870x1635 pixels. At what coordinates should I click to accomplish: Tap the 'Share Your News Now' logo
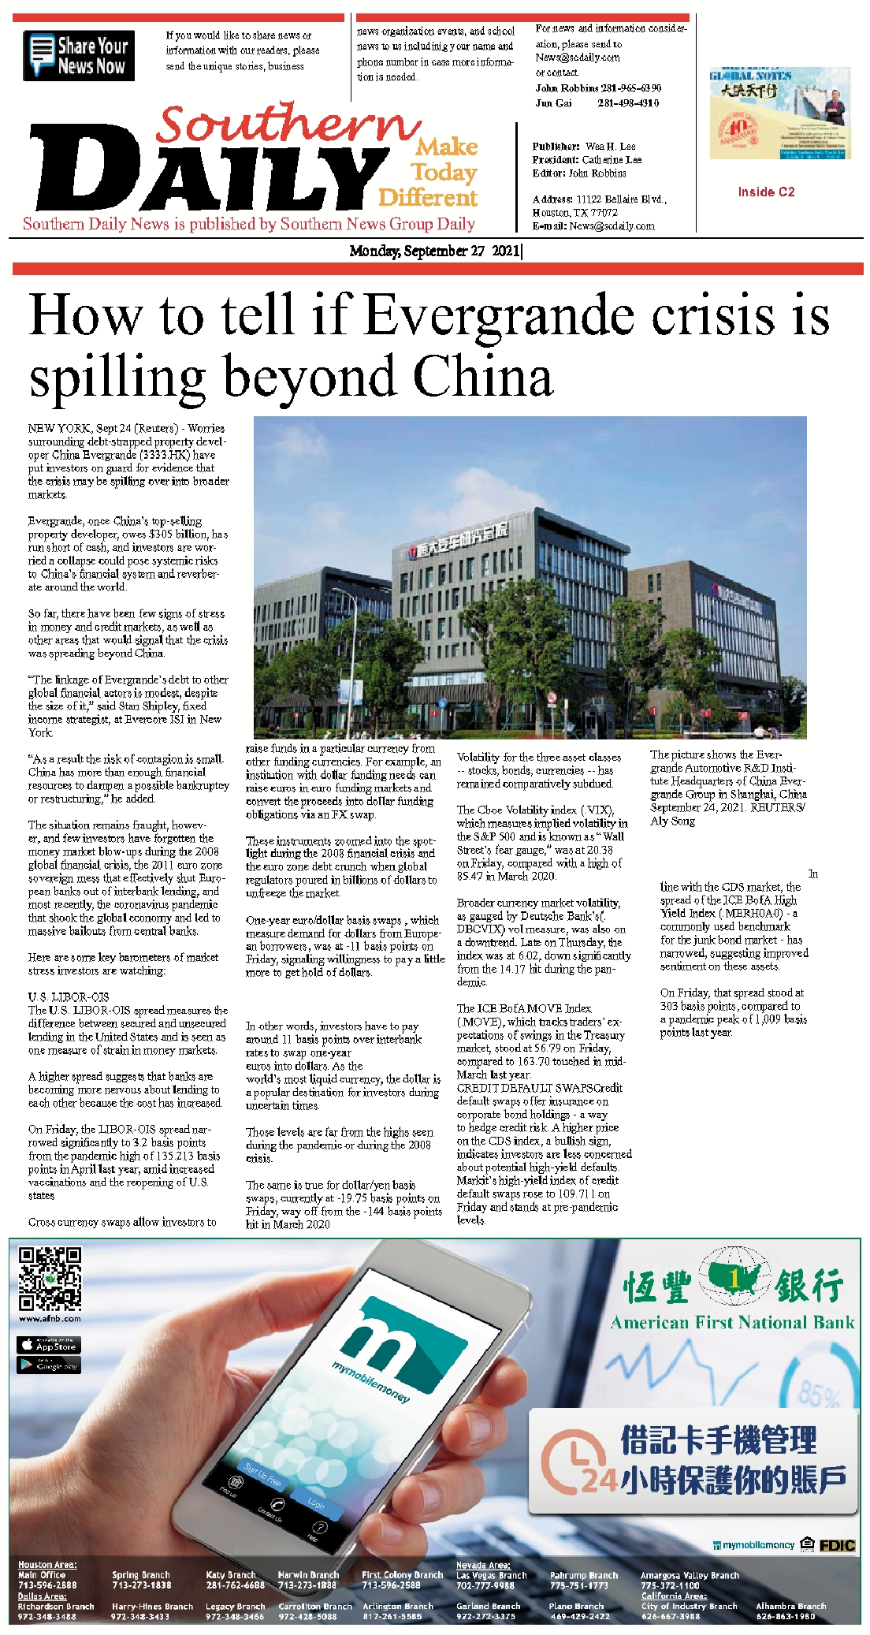79,55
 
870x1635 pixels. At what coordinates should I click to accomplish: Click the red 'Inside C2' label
766,192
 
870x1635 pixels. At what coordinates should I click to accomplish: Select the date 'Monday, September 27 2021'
435,251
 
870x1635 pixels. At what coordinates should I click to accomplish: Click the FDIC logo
837,1545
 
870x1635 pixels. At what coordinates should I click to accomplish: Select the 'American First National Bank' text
732,1323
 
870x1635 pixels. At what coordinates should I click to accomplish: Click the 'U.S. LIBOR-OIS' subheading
69,997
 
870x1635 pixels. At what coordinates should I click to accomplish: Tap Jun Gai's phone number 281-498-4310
628,103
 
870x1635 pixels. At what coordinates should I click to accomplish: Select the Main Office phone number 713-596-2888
47,1585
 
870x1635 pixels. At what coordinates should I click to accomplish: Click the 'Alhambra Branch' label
790,1606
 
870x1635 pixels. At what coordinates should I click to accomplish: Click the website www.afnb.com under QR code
50,1318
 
